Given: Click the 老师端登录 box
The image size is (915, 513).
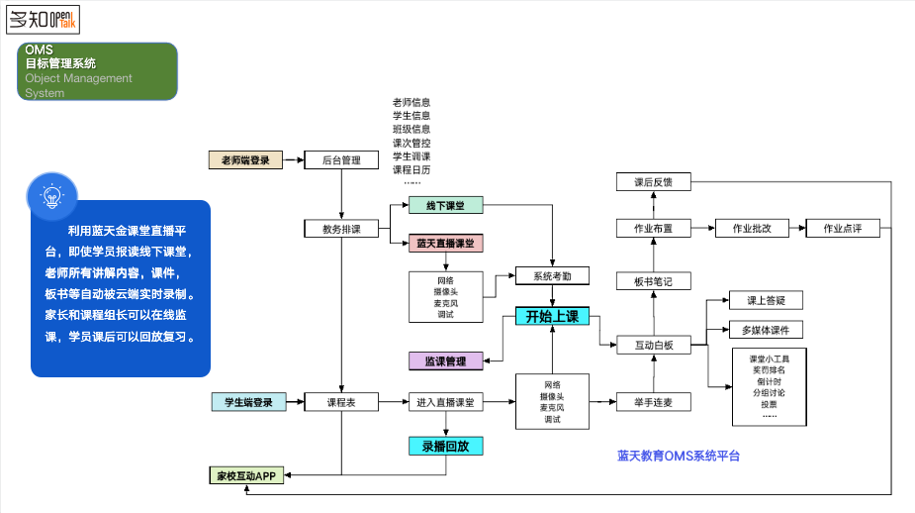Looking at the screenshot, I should click(x=245, y=159).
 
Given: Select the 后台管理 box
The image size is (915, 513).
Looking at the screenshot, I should click(x=341, y=159).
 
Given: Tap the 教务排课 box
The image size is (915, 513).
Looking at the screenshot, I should click(x=341, y=229).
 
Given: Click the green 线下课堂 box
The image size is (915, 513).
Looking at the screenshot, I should click(x=445, y=205).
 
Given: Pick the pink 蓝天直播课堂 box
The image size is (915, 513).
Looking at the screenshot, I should click(x=445, y=243).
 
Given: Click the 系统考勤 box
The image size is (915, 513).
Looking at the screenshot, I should click(x=552, y=276).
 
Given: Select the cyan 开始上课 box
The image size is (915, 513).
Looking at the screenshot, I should click(x=552, y=317).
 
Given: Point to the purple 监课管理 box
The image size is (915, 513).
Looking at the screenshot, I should click(x=445, y=361).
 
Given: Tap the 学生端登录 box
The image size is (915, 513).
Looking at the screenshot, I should click(x=248, y=402).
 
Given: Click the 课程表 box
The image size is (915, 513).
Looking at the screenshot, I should click(x=341, y=402).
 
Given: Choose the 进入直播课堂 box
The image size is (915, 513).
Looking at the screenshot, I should click(x=445, y=402).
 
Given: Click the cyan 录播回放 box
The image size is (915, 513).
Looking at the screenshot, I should click(x=445, y=446).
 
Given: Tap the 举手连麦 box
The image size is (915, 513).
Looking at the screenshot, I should click(x=654, y=402).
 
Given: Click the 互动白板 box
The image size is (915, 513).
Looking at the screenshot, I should click(x=654, y=345).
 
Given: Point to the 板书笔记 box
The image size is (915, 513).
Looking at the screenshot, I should click(x=654, y=281).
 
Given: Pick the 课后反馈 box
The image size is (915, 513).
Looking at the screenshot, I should click(x=654, y=182).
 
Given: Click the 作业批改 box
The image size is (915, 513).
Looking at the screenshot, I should click(x=752, y=228).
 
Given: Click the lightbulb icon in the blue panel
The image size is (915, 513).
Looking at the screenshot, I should click(x=50, y=195).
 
